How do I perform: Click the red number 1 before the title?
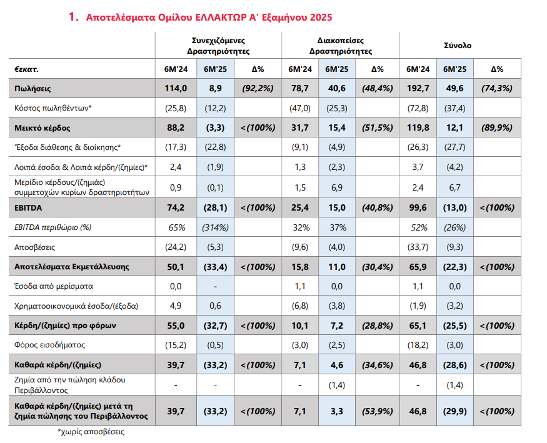[x=73, y=17]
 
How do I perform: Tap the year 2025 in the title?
[x=321, y=17]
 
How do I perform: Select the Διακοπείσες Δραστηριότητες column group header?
[x=341, y=46]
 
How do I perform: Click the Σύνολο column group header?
[x=458, y=46]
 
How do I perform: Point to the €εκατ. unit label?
[x=26, y=69]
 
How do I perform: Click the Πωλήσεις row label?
[x=33, y=89]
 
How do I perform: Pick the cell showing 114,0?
[x=176, y=89]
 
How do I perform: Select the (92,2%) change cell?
[x=258, y=89]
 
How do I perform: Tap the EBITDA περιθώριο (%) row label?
[x=53, y=227]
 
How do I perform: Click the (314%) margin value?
[x=215, y=227]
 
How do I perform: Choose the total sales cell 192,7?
[x=418, y=89]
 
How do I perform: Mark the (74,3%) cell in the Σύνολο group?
[x=497, y=89]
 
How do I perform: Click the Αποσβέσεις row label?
[x=34, y=247]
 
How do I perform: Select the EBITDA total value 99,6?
[x=418, y=207]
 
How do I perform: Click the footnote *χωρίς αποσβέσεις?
[x=91, y=432]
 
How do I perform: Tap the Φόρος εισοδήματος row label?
[x=49, y=345]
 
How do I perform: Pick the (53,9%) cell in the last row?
[x=378, y=411]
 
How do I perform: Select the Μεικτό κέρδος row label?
[x=43, y=128]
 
